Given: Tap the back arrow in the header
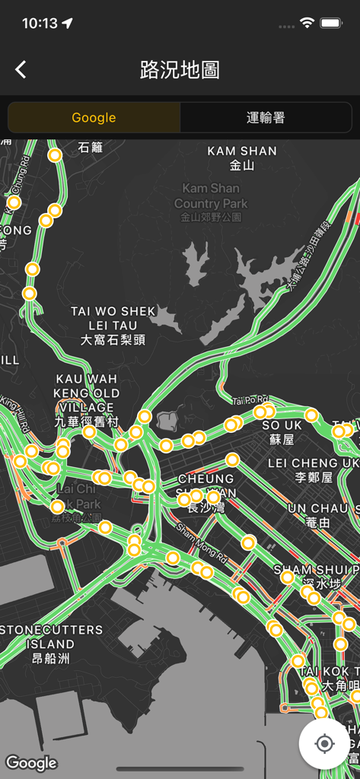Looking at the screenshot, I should pyautogui.click(x=21, y=70).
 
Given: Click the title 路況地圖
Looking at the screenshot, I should pyautogui.click(x=180, y=70).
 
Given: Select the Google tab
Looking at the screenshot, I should pyautogui.click(x=94, y=118).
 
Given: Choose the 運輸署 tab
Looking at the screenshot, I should pyautogui.click(x=266, y=118).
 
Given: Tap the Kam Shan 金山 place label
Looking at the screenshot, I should pyautogui.click(x=242, y=157).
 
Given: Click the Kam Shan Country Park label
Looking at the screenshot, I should pyautogui.click(x=211, y=202).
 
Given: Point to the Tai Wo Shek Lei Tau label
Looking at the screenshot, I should pyautogui.click(x=113, y=326).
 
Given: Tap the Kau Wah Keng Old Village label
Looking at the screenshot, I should pyautogui.click(x=87, y=399).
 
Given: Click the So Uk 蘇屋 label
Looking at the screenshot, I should pyautogui.click(x=282, y=431).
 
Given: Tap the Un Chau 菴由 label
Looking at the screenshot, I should pyautogui.click(x=318, y=515).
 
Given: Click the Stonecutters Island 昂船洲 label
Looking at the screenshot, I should pyautogui.click(x=52, y=644).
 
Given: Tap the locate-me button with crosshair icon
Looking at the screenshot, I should pyautogui.click(x=324, y=743).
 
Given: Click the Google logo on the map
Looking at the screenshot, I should pyautogui.click(x=31, y=763).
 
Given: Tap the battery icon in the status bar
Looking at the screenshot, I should pyautogui.click(x=331, y=24).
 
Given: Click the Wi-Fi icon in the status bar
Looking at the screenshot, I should pyautogui.click(x=307, y=24).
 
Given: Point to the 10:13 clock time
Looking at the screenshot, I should pyautogui.click(x=40, y=24).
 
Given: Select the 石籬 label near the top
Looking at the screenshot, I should pyautogui.click(x=90, y=148).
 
